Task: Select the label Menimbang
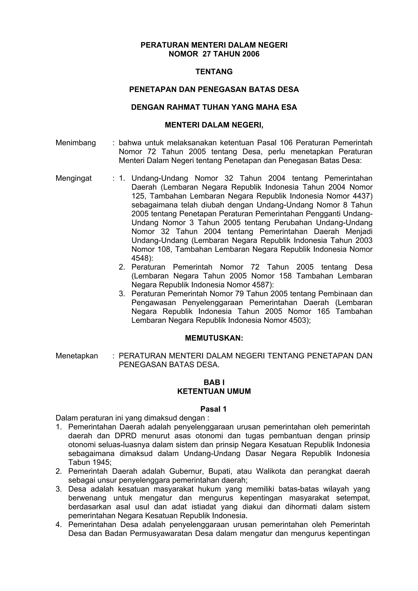click(76, 143)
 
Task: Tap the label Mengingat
click(74, 178)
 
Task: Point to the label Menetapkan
click(77, 356)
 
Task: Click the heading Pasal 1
click(213, 409)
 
